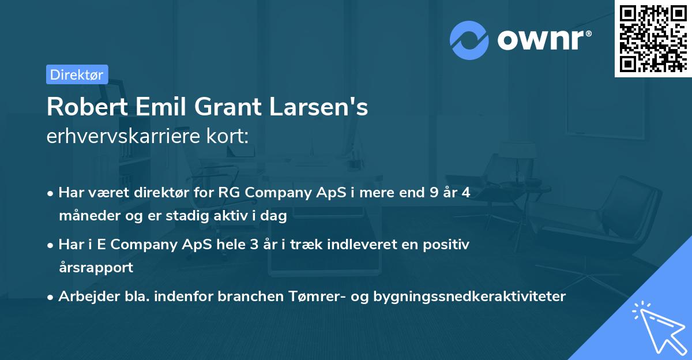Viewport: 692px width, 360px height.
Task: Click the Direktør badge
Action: pyautogui.click(x=77, y=74)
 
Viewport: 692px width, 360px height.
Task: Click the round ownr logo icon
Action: pyautogui.click(x=469, y=40)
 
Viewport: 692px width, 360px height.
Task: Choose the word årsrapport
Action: pyautogui.click(x=96, y=267)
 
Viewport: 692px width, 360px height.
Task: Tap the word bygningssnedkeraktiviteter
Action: pyautogui.click(x=469, y=297)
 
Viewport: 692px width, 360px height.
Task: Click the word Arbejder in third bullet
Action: pyautogui.click(x=84, y=297)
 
